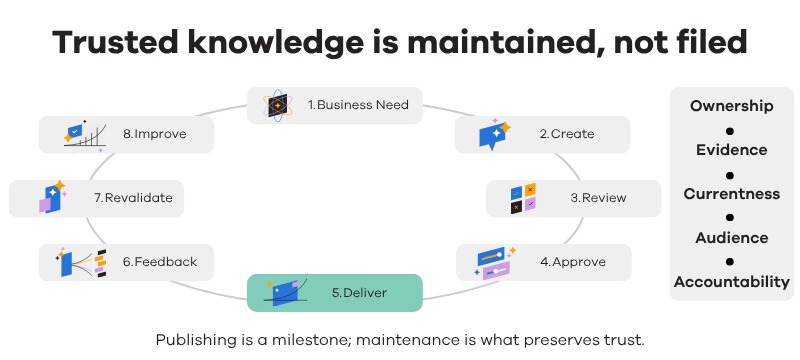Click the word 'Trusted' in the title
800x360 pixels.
point(115,42)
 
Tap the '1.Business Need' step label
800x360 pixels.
point(358,105)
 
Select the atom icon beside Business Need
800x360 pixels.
point(278,106)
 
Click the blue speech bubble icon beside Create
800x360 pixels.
point(494,134)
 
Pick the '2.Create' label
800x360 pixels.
point(567,134)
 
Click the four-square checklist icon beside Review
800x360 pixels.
point(523,198)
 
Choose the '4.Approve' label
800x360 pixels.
point(573,262)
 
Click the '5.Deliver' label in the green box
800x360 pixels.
point(359,293)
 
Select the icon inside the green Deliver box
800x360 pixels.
point(285,293)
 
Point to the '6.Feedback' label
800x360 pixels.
point(160,262)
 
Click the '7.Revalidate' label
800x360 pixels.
point(133,198)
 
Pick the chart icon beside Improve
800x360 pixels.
point(85,136)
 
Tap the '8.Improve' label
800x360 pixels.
point(155,134)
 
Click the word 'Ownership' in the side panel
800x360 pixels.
point(732,106)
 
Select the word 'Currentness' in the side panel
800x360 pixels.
point(732,194)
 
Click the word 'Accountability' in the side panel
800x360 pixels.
point(732,281)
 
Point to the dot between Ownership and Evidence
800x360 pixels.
point(730,131)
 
